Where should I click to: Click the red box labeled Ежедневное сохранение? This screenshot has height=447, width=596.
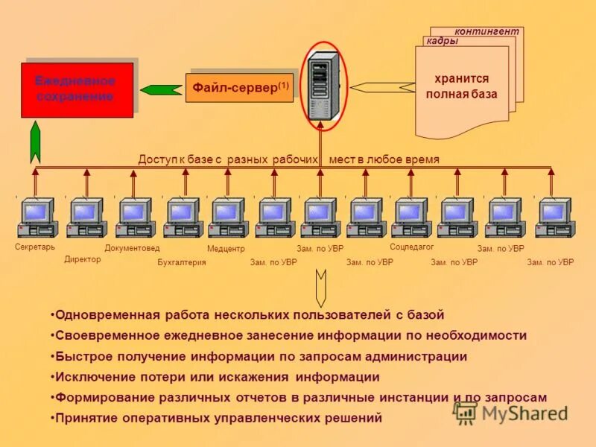(x=77, y=89)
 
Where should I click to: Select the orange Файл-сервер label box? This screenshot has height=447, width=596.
(x=239, y=87)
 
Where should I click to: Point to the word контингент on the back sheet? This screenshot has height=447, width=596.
(x=487, y=31)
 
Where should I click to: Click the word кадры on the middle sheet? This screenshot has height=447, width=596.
(x=442, y=42)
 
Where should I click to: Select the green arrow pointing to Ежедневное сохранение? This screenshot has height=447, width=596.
(x=161, y=90)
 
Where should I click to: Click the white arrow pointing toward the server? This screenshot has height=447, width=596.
(x=381, y=87)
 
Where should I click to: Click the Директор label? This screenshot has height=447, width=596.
(x=83, y=259)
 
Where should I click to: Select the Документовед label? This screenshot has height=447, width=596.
(x=132, y=248)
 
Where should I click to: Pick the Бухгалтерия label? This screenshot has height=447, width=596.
(x=181, y=262)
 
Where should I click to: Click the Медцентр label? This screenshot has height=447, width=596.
(x=226, y=248)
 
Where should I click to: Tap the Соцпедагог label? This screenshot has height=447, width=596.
(x=412, y=246)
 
